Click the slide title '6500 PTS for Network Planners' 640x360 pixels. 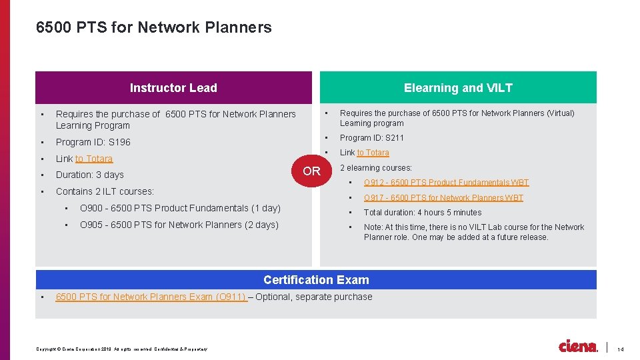click(154, 27)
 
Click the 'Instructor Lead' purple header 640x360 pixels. click(173, 88)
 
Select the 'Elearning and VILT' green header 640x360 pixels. click(458, 88)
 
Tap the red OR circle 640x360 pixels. click(311, 171)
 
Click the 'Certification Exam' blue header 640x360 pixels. click(316, 280)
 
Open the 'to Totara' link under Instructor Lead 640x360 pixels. click(94, 159)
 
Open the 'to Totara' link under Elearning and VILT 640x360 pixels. click(373, 153)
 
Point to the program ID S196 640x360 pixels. click(93, 142)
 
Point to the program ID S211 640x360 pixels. click(372, 138)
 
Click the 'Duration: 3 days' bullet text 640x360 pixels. click(90, 175)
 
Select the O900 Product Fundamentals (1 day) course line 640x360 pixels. click(180, 208)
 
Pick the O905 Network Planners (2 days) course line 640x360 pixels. click(179, 225)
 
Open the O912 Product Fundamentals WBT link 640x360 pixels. click(446, 183)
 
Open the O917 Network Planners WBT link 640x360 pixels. click(443, 198)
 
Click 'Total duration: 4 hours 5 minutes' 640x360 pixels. click(423, 213)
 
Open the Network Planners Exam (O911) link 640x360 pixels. click(152, 297)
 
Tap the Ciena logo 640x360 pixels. click(578, 347)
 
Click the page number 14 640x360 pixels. click(620, 349)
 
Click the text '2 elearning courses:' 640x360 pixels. click(376, 168)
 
